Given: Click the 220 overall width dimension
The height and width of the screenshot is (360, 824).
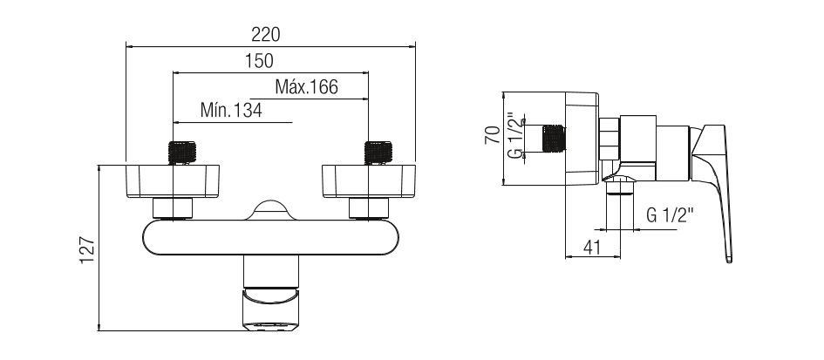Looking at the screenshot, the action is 265,35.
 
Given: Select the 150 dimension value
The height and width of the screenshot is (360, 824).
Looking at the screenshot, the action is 259,61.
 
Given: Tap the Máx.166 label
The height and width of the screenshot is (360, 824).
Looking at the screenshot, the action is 306,86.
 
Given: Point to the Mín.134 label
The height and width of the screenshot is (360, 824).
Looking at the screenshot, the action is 231,111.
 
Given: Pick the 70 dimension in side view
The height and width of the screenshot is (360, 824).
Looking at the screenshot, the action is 493,135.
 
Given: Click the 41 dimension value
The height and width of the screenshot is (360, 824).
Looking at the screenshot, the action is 592,247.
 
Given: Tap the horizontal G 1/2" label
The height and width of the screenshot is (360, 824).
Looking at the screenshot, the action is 670,215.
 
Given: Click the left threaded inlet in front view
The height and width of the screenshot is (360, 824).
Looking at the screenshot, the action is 182,153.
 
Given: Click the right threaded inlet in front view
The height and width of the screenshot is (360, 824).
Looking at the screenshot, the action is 378,153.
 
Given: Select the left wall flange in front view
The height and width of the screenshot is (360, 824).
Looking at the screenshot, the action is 173,181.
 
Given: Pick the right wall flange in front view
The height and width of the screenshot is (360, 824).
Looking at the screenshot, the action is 369,181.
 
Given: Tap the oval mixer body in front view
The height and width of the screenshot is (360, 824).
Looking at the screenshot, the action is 270,238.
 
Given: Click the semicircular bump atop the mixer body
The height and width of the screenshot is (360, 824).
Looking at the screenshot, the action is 270,210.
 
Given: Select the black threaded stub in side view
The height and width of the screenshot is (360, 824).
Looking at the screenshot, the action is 553,139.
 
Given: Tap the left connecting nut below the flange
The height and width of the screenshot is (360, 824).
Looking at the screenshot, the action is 173,208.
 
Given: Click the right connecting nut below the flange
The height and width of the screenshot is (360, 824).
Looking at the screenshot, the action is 369,208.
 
